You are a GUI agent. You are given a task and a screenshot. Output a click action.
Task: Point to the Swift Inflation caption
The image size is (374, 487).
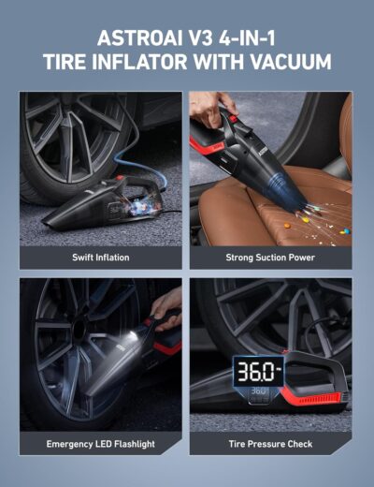point(101,257)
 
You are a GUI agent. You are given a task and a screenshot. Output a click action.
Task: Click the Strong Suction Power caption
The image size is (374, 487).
point(270,257)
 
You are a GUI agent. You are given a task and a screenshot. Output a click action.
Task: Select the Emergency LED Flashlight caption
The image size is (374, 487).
point(101,444)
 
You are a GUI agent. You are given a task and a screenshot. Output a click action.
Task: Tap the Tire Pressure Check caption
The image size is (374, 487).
point(270,444)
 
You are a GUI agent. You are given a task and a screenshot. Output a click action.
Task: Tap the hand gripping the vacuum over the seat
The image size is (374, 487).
point(209,104)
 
